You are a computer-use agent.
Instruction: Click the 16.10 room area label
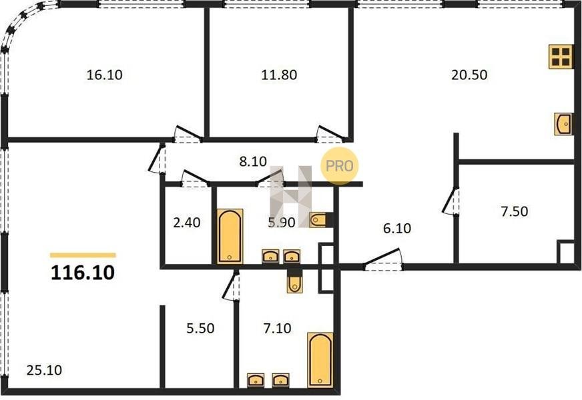[x=104, y=75]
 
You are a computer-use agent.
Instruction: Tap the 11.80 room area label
[x=279, y=75]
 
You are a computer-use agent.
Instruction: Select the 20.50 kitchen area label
[x=469, y=75]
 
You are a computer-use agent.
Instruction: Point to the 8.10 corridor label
[x=253, y=161]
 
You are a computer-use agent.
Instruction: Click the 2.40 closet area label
[x=187, y=223]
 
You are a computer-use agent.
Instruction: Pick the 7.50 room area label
[x=514, y=211]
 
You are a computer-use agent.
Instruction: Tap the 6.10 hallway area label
[x=396, y=229]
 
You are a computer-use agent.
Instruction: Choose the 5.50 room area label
[x=200, y=329]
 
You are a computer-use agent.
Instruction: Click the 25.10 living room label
[x=44, y=370]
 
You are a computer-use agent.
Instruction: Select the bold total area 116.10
[x=82, y=273]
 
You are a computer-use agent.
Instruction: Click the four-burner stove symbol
[x=560, y=57]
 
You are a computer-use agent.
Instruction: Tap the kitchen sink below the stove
[x=563, y=124]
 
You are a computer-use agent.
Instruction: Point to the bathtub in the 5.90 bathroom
[x=230, y=236]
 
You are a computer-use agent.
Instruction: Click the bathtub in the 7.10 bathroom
[x=320, y=359]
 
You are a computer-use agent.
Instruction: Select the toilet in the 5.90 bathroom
[x=318, y=220]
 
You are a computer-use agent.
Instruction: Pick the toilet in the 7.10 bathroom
[x=295, y=281]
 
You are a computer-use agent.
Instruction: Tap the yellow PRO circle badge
[x=339, y=166]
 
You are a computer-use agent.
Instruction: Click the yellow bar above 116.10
[x=83, y=255]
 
